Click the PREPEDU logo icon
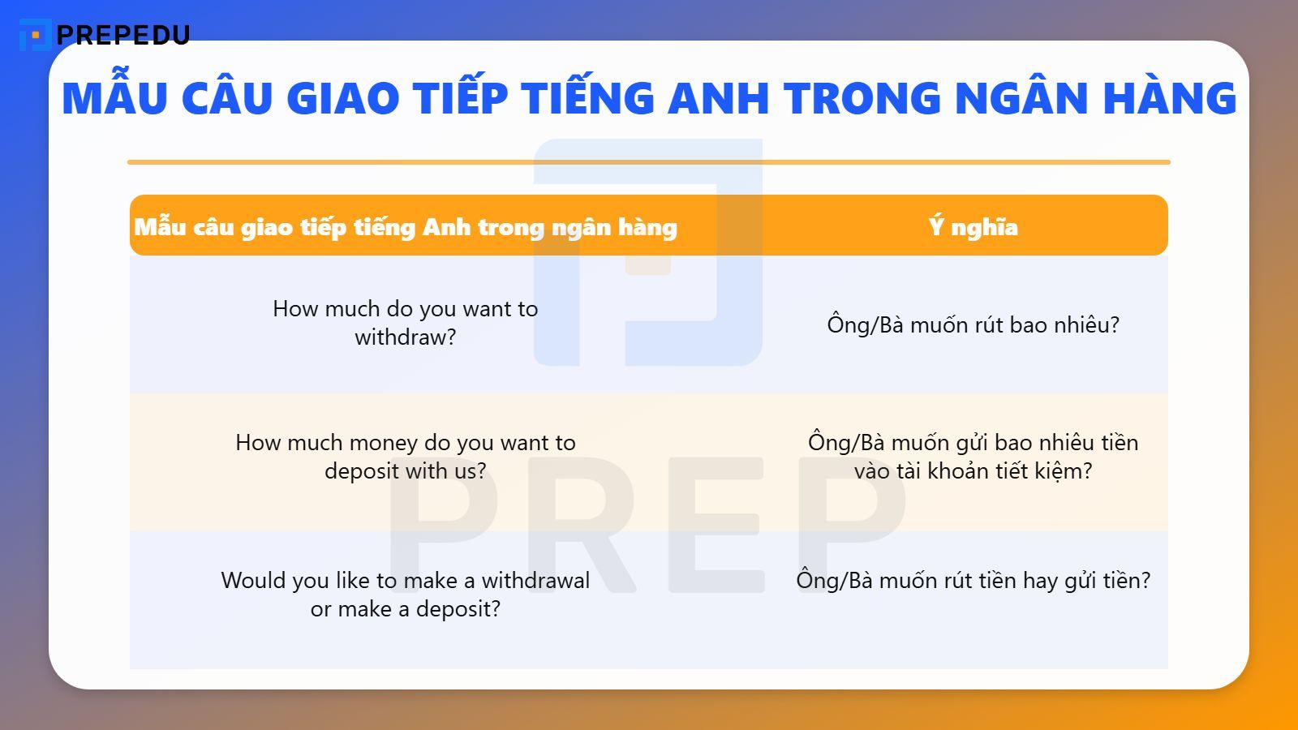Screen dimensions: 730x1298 [x=34, y=35]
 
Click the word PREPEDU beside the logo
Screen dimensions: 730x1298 [x=123, y=35]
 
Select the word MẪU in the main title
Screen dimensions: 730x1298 [x=114, y=98]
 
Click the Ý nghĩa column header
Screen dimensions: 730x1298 [x=973, y=227]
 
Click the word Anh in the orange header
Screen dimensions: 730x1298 [x=446, y=227]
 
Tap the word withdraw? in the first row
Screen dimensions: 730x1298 [x=406, y=337]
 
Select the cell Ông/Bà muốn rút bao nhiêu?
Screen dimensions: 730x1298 [x=973, y=325]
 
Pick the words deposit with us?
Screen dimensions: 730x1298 [x=406, y=471]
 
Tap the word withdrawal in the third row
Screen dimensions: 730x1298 [x=535, y=581]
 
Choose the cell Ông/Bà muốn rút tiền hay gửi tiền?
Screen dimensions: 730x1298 [x=973, y=581]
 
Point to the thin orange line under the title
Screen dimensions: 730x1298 [x=648, y=162]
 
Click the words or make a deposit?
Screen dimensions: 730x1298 [x=406, y=609]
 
